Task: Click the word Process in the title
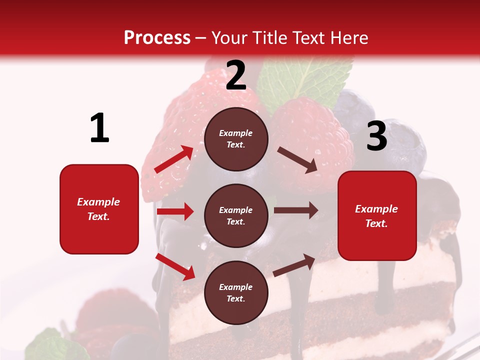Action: [157, 38]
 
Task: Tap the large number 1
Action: [99, 128]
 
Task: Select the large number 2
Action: [236, 75]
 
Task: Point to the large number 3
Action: [376, 136]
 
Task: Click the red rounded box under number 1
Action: [99, 209]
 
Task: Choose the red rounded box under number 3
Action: [377, 216]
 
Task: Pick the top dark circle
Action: [236, 139]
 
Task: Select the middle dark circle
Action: [236, 216]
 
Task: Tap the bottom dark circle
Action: [236, 293]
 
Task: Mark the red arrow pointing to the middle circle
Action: [175, 211]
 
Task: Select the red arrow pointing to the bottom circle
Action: [175, 266]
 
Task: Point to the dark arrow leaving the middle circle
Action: [296, 210]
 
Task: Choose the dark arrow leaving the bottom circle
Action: [294, 265]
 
